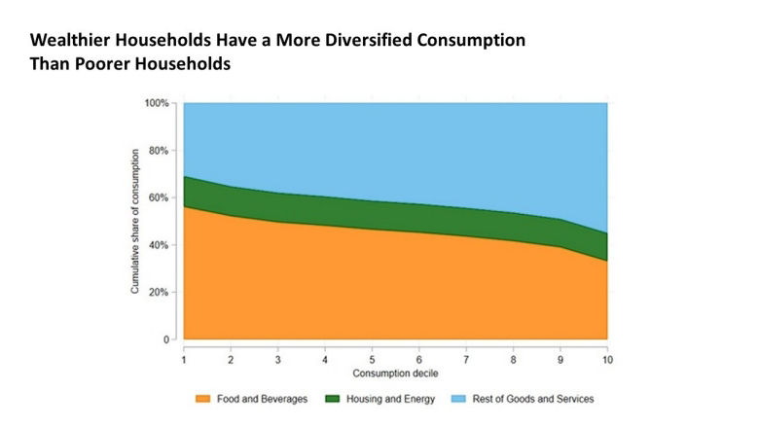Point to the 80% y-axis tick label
click(x=159, y=151)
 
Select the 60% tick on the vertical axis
click(x=159, y=197)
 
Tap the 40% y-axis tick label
click(x=159, y=245)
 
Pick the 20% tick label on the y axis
click(x=159, y=292)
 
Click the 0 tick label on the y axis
click(x=166, y=339)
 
